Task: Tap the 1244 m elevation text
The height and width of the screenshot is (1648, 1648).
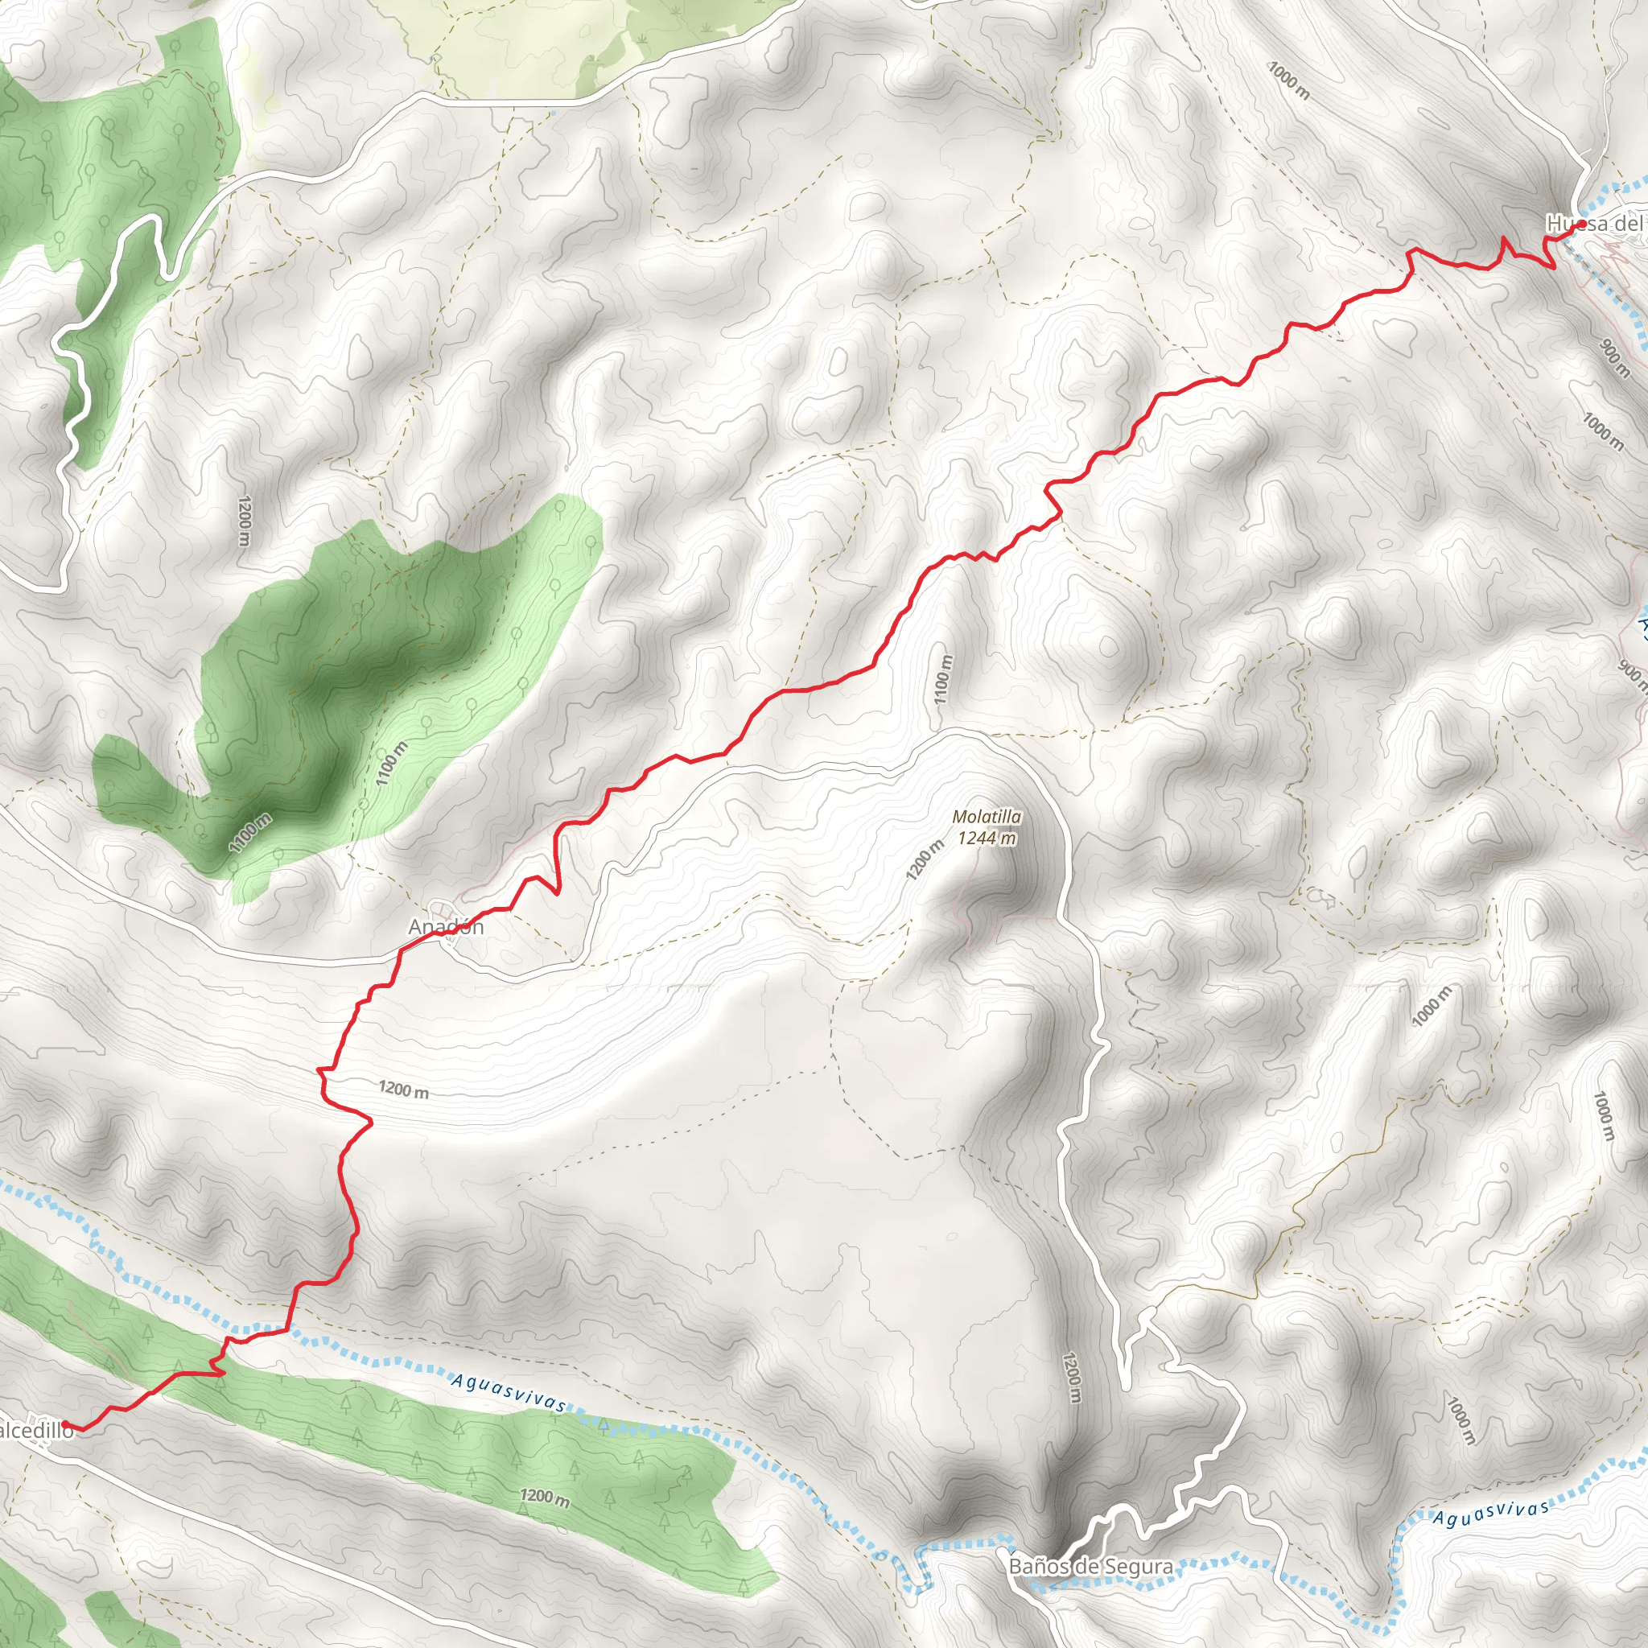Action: (987, 838)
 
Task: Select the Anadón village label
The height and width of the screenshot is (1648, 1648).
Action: (446, 927)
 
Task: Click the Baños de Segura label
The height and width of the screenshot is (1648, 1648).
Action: (1090, 1566)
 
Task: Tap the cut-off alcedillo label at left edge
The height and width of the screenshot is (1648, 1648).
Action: (37, 1431)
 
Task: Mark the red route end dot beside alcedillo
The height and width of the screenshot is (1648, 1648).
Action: (67, 1424)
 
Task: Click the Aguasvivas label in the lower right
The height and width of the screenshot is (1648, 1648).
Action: (1490, 1514)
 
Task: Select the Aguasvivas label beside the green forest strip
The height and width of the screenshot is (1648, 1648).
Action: (509, 1391)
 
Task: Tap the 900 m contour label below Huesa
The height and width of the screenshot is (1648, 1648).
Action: (1615, 358)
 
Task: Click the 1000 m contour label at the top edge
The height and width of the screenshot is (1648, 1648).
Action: (1288, 80)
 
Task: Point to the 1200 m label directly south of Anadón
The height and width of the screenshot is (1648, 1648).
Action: (403, 1090)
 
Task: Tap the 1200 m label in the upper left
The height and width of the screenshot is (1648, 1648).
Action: (245, 521)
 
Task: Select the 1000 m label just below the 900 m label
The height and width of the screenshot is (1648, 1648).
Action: (1603, 431)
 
